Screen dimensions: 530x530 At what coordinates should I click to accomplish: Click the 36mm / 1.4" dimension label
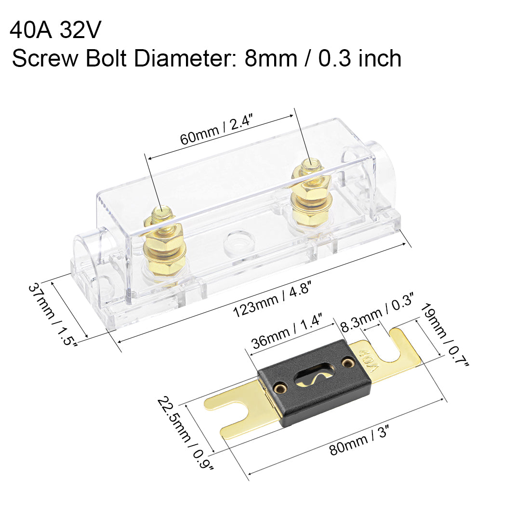point(286,332)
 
